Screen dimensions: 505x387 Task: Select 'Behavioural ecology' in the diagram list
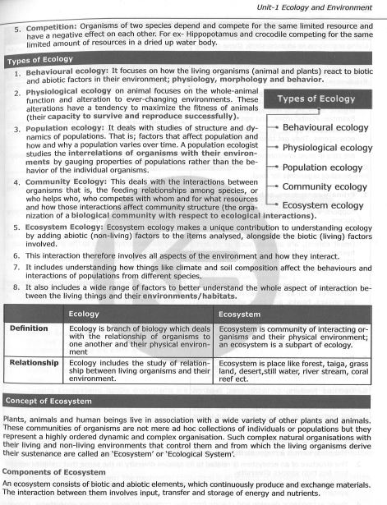tap(327, 128)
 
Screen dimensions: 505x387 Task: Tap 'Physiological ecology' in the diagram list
tap(327, 148)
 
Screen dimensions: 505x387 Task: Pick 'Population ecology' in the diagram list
tap(322, 168)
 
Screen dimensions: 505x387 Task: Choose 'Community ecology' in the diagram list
tap(323, 186)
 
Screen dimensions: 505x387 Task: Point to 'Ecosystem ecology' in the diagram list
tap(322, 205)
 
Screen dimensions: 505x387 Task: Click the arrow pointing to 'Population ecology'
tap(274, 168)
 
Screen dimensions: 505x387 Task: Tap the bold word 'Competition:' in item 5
tap(43, 26)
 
